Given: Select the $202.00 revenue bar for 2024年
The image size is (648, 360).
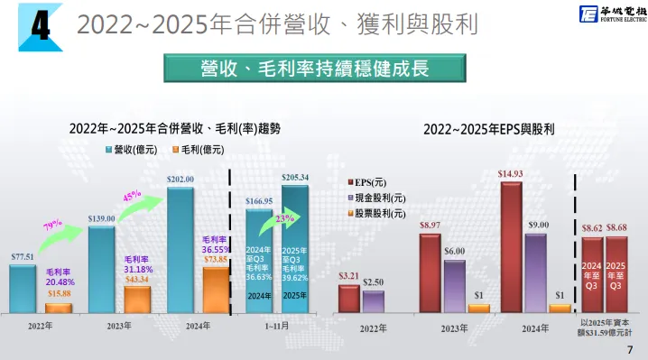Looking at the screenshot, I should coord(181,248).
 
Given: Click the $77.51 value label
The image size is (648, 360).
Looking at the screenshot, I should coord(23,257).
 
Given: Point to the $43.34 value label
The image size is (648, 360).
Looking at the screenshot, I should coord(137,281).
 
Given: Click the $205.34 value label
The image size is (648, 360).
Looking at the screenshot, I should coord(295,177).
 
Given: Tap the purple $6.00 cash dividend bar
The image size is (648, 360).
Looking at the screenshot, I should coord(454,285).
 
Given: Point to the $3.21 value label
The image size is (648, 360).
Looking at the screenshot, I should coord(348,275).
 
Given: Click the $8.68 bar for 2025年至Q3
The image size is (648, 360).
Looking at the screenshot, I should coord(617,274).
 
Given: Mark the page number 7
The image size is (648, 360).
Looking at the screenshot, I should coord(630,349).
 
